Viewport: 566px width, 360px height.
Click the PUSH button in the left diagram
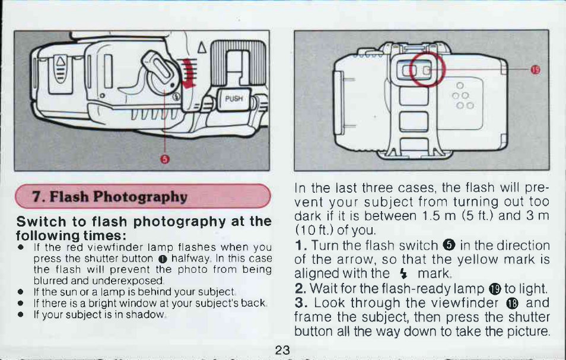[x=234, y=99]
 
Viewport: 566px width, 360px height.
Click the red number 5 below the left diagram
[x=164, y=159]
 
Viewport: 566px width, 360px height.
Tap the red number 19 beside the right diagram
[x=535, y=69]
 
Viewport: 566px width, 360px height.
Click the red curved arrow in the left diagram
[x=187, y=73]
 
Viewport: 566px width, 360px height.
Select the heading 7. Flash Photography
[x=110, y=196]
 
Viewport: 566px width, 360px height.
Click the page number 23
[x=282, y=350]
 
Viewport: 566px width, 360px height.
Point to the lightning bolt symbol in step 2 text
[x=403, y=274]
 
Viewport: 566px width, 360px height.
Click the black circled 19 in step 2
[x=495, y=289]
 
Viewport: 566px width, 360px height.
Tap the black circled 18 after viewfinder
[x=512, y=304]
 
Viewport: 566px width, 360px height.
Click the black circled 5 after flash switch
[x=449, y=246]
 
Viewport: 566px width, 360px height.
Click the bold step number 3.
[x=300, y=303]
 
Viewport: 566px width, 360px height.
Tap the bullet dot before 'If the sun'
[x=21, y=292]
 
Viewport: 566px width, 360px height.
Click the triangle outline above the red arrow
[x=202, y=47]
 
